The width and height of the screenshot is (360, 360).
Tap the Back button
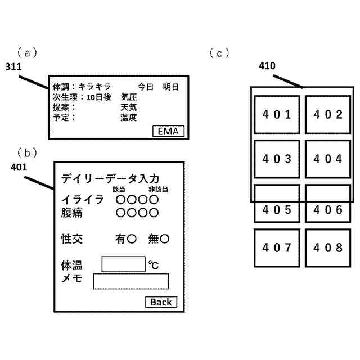point(161,302)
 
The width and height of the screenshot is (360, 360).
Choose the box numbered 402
point(328,115)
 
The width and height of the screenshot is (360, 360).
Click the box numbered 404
point(328,159)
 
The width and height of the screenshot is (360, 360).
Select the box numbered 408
point(328,247)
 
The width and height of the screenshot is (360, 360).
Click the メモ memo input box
point(131,281)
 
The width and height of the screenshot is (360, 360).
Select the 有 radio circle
point(132,239)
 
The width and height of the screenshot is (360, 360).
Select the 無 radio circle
point(165,239)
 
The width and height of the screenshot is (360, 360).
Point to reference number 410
point(267,66)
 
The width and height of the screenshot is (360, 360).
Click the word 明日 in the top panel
point(170,87)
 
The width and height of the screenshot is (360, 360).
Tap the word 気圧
point(129,97)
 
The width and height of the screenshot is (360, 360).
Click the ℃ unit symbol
point(154,264)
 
